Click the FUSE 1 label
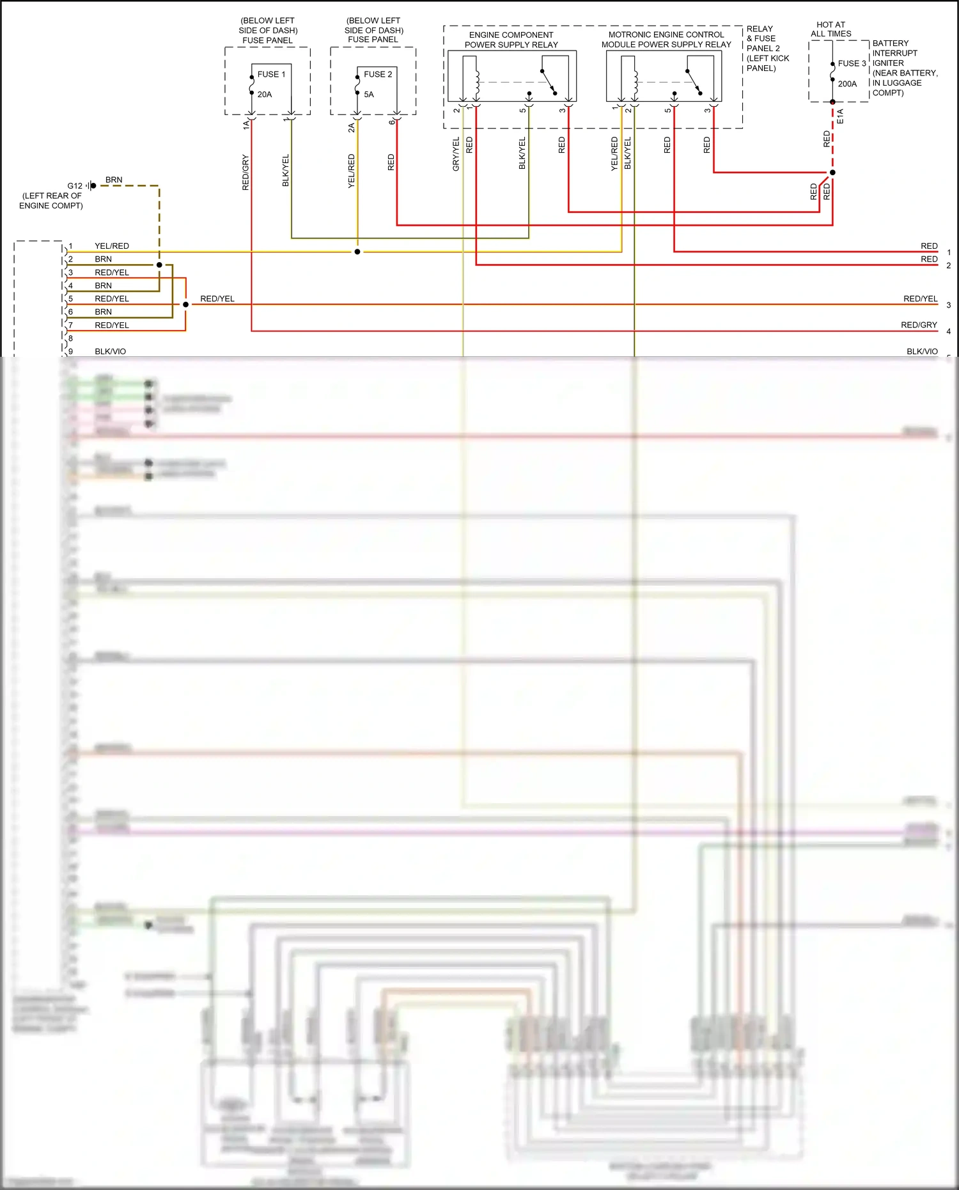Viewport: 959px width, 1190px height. point(271,74)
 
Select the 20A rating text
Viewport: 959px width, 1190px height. point(265,95)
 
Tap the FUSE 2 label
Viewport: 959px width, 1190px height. point(378,74)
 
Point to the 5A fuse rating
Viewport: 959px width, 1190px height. point(369,95)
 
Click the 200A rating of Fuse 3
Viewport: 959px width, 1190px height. point(847,84)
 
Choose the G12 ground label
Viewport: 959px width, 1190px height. point(75,186)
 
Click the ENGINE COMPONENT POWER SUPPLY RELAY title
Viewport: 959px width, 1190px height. point(511,40)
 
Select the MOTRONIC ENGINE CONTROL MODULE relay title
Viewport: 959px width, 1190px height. point(666,40)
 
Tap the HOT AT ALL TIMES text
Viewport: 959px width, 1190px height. point(830,29)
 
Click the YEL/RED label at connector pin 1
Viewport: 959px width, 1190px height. point(112,246)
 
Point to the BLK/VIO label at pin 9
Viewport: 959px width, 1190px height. point(111,352)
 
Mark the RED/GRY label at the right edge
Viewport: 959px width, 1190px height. point(919,325)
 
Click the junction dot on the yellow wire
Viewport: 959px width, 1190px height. point(357,252)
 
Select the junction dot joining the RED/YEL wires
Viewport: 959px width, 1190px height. point(186,304)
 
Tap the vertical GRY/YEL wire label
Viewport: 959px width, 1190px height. point(456,154)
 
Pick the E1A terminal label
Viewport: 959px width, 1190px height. point(840,116)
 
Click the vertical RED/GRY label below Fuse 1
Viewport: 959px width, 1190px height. point(246,173)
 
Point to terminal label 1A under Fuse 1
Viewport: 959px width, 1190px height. point(246,125)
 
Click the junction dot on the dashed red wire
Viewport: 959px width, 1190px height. point(832,173)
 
